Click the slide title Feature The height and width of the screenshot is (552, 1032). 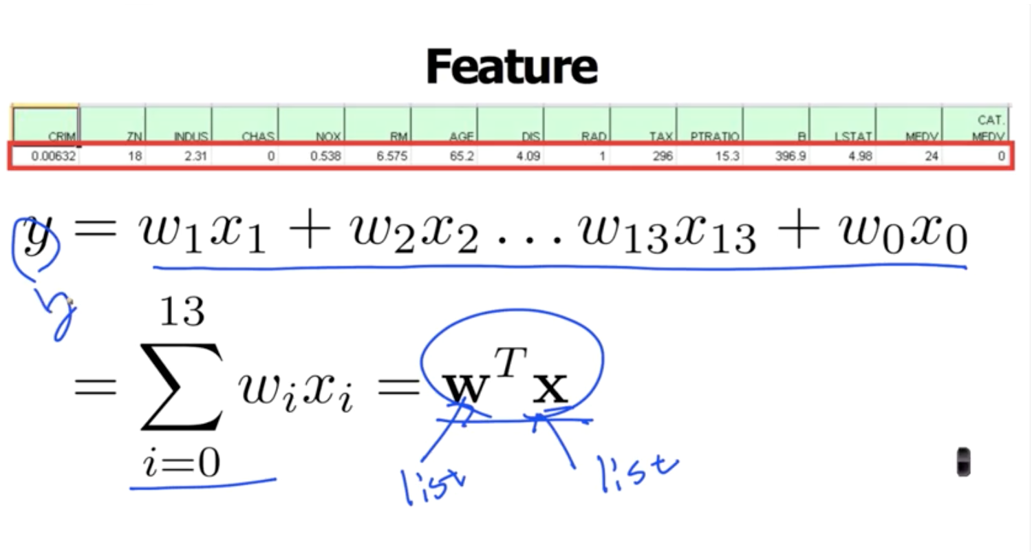click(511, 67)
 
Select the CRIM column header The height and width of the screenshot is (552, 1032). click(46, 125)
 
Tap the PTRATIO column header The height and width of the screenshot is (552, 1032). click(710, 125)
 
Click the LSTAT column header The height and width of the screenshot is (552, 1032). click(843, 125)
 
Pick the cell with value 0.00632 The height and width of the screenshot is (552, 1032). click(46, 156)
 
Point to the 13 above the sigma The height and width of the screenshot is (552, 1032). click(182, 312)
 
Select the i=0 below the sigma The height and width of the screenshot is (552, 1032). click(182, 462)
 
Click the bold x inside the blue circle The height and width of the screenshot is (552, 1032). click(552, 389)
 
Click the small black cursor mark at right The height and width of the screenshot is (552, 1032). click(964, 462)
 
